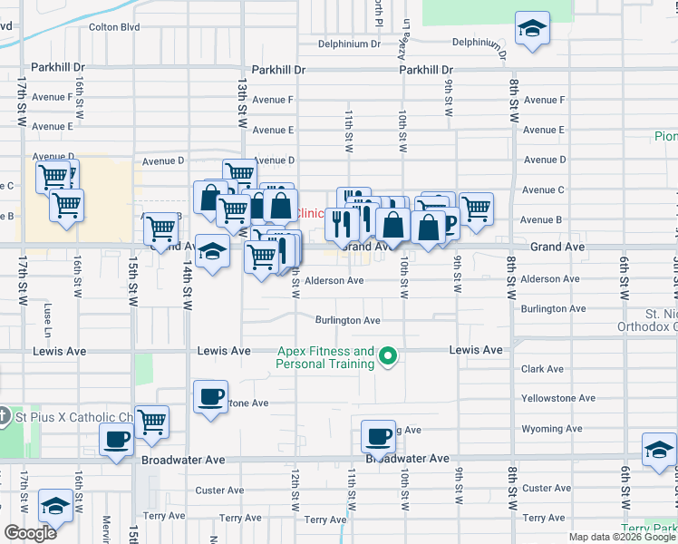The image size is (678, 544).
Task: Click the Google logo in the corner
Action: click(x=30, y=532)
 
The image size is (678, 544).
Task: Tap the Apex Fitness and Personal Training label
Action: click(x=325, y=357)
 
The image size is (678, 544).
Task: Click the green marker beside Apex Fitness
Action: click(x=388, y=356)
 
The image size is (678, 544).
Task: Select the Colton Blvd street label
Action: click(x=114, y=27)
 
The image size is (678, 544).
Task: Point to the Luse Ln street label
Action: click(x=45, y=311)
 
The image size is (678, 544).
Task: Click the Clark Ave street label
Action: click(x=542, y=369)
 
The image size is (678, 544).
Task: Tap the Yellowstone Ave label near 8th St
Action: click(x=557, y=398)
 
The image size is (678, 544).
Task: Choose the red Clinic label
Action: click(x=310, y=213)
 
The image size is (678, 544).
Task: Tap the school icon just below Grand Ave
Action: click(x=212, y=253)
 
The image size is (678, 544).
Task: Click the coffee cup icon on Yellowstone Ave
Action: click(x=211, y=396)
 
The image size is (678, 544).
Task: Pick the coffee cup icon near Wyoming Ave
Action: click(x=378, y=437)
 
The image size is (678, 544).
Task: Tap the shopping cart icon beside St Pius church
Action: click(x=151, y=421)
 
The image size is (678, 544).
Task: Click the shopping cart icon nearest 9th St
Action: click(x=476, y=209)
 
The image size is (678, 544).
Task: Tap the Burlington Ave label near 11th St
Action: click(x=347, y=320)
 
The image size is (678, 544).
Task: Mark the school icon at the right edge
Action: click(x=659, y=450)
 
